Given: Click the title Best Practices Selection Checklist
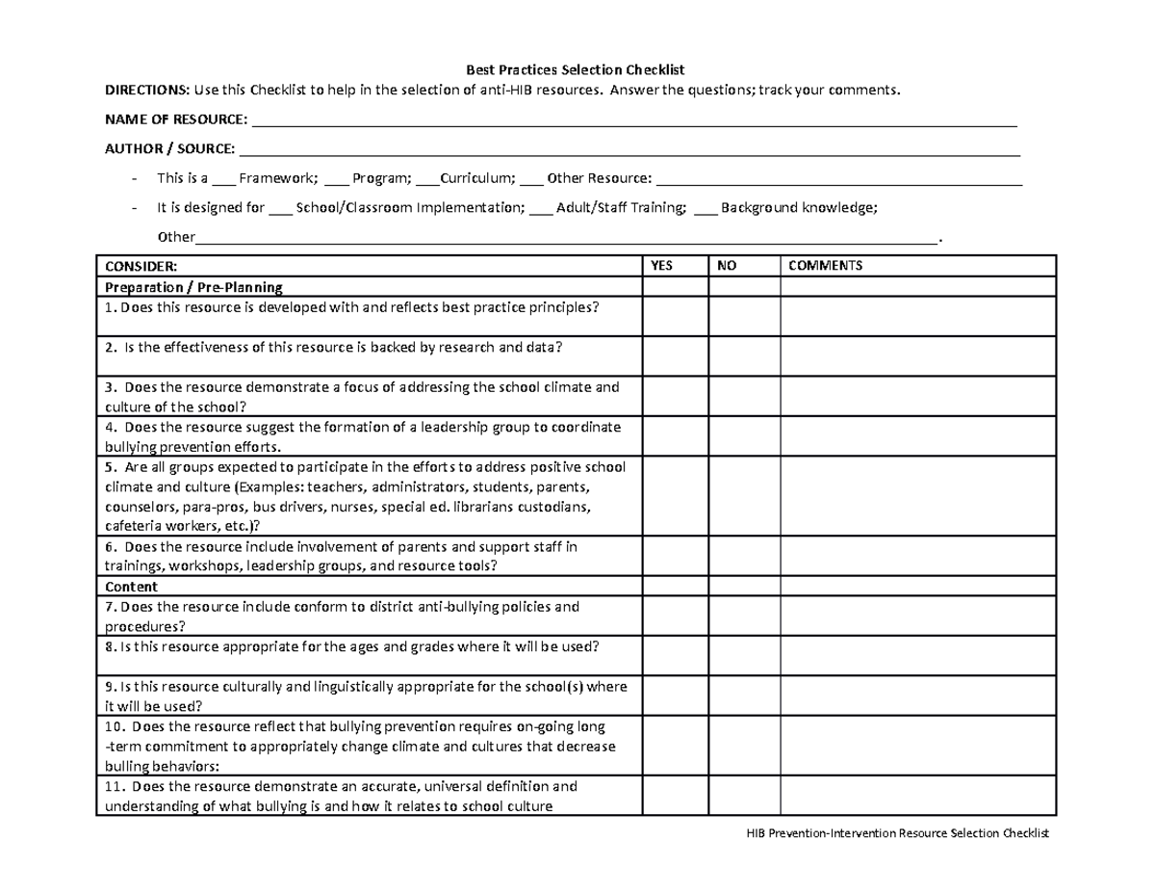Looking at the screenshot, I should [575, 70].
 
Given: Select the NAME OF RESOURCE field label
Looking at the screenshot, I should [175, 119].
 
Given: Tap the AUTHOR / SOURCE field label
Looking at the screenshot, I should [169, 149].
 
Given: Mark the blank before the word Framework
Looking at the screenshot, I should [222, 179].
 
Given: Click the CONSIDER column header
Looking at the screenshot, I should [141, 266].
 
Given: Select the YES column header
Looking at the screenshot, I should [662, 266].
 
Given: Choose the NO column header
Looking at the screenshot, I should [727, 266].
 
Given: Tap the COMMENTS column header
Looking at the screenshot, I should [826, 266].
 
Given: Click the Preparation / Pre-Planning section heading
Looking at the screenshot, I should [193, 287].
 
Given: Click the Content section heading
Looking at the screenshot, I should [131, 587].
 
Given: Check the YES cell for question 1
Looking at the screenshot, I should [676, 316].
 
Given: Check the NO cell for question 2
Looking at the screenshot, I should [744, 356].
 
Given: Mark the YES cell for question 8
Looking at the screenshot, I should [676, 656].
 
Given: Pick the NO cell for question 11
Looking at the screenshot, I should [744, 796].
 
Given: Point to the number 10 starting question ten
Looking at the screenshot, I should [113, 727].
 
